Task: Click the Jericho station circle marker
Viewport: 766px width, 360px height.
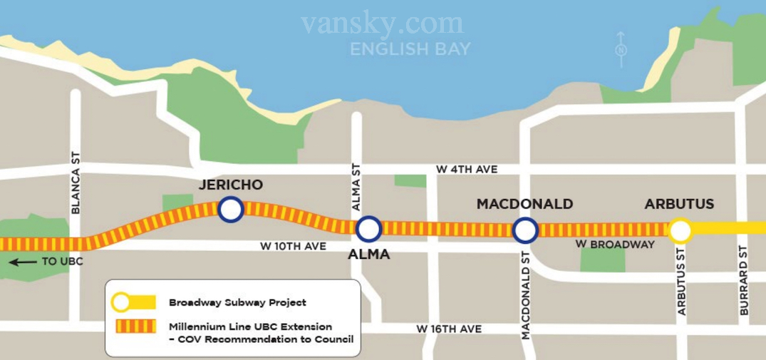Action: point(230,210)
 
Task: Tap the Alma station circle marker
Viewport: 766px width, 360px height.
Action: point(368,229)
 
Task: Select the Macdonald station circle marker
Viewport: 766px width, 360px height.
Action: point(525,230)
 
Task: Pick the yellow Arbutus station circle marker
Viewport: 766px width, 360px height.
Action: point(680,230)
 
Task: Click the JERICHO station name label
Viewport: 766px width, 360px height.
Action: point(231,185)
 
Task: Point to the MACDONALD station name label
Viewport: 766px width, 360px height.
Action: point(524,205)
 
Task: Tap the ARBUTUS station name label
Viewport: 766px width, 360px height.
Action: point(679,205)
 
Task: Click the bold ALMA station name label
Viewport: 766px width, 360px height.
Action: point(368,254)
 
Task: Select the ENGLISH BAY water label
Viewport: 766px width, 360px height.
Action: point(410,48)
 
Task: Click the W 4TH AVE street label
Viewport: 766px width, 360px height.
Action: point(467,170)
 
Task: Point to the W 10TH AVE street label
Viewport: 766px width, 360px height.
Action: point(293,247)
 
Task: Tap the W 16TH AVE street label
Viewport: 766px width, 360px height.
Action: point(449,329)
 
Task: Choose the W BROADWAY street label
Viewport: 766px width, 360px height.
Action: point(614,245)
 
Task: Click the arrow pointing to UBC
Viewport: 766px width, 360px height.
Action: point(22,262)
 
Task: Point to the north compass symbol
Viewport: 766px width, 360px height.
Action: point(621,49)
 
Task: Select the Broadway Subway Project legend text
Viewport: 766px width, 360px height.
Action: point(237,302)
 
